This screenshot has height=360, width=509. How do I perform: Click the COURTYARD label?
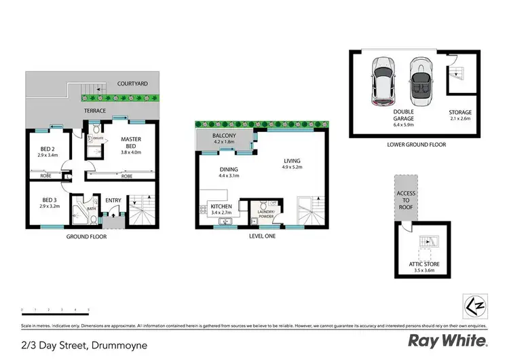point(132,84)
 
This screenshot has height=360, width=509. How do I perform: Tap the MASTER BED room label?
point(131,143)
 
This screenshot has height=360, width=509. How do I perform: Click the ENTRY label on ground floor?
point(113,200)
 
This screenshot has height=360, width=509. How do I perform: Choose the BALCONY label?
point(223,136)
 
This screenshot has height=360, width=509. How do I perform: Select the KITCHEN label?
point(221,204)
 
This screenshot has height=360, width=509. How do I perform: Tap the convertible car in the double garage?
point(420,81)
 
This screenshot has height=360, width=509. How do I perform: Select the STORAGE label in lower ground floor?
point(459,112)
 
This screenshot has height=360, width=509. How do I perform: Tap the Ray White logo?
point(447,340)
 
